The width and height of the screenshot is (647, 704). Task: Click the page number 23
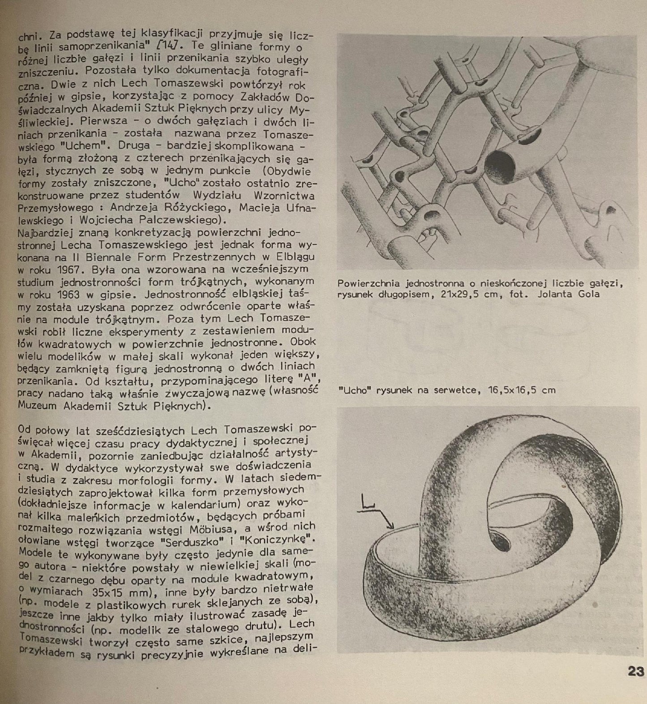[x=635, y=671]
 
